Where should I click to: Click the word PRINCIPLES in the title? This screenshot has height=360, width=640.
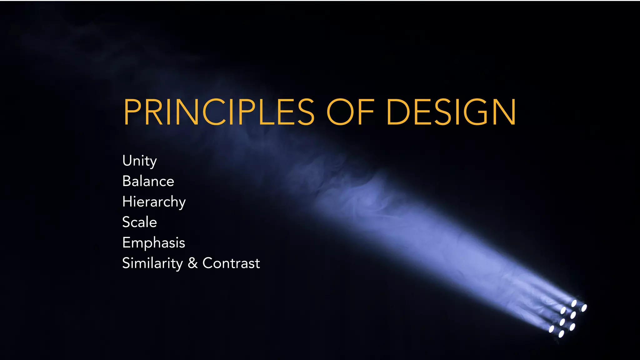pyautogui.click(x=219, y=112)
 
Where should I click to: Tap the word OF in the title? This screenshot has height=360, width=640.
pyautogui.click(x=350, y=112)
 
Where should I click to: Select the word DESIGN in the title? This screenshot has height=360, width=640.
pyautogui.click(x=451, y=112)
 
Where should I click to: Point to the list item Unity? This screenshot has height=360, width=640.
pyautogui.click(x=139, y=161)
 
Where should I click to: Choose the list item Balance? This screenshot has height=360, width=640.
pyautogui.click(x=148, y=181)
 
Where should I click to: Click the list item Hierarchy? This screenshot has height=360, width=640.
pyautogui.click(x=154, y=202)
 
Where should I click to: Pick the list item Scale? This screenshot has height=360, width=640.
pyautogui.click(x=139, y=222)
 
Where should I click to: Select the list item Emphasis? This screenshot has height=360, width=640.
pyautogui.click(x=154, y=243)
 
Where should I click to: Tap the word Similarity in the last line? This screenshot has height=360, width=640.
pyautogui.click(x=152, y=263)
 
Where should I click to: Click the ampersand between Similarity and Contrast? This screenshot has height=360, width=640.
pyautogui.click(x=193, y=263)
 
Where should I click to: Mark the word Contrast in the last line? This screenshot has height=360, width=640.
pyautogui.click(x=231, y=263)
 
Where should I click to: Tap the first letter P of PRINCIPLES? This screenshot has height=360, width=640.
pyautogui.click(x=132, y=112)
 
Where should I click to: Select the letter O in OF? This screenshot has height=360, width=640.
pyautogui.click(x=340, y=112)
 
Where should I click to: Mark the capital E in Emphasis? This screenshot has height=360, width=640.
pyautogui.click(x=127, y=243)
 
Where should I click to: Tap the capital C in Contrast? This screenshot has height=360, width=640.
pyautogui.click(x=208, y=263)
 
